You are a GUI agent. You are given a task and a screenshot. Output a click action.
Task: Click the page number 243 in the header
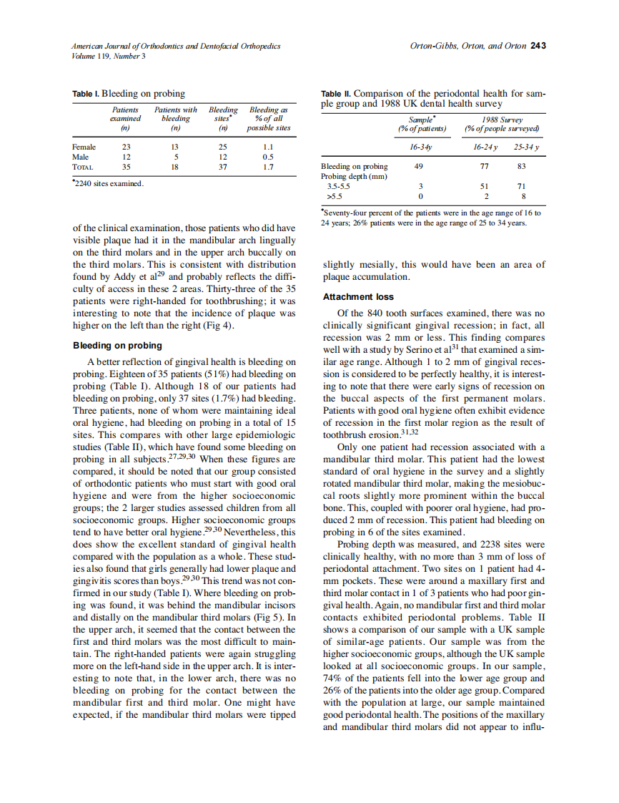pos(538,47)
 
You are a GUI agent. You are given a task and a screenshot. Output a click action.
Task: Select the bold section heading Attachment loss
pos(358,296)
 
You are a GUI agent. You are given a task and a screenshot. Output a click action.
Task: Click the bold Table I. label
pos(86,94)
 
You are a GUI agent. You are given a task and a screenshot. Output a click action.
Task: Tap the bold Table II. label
pos(336,94)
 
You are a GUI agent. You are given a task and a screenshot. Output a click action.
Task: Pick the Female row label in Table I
pos(84,147)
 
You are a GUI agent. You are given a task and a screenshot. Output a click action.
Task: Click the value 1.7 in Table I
pos(268,167)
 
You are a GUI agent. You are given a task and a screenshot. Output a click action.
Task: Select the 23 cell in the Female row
pos(127,147)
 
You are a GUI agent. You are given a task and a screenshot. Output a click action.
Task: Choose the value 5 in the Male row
pos(176,157)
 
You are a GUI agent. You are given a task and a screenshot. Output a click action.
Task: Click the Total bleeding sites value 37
pos(222,167)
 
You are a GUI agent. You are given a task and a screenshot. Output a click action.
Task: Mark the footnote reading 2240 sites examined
pos(108,184)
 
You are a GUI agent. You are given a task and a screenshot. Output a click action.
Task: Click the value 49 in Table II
pos(419,166)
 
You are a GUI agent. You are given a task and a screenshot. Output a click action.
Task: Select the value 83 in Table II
pos(521,166)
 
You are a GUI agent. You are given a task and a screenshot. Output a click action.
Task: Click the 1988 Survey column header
pos(502,120)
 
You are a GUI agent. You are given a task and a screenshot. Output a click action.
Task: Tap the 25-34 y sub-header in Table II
pos(526,147)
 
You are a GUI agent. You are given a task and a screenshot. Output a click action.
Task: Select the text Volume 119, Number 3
pos(109,57)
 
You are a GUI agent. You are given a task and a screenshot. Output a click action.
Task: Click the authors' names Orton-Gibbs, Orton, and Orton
pos(467,47)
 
